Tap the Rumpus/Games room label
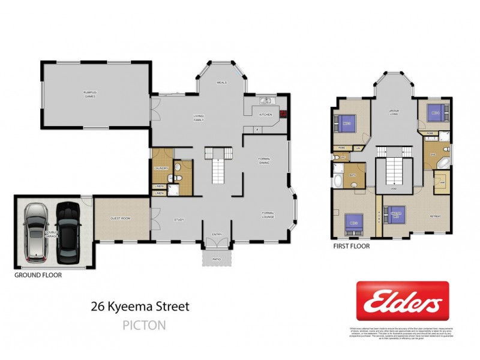90,94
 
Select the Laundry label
161,169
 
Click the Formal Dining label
265,160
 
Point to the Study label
179,220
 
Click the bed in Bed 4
434,112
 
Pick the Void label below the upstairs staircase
394,188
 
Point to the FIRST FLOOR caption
352,246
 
